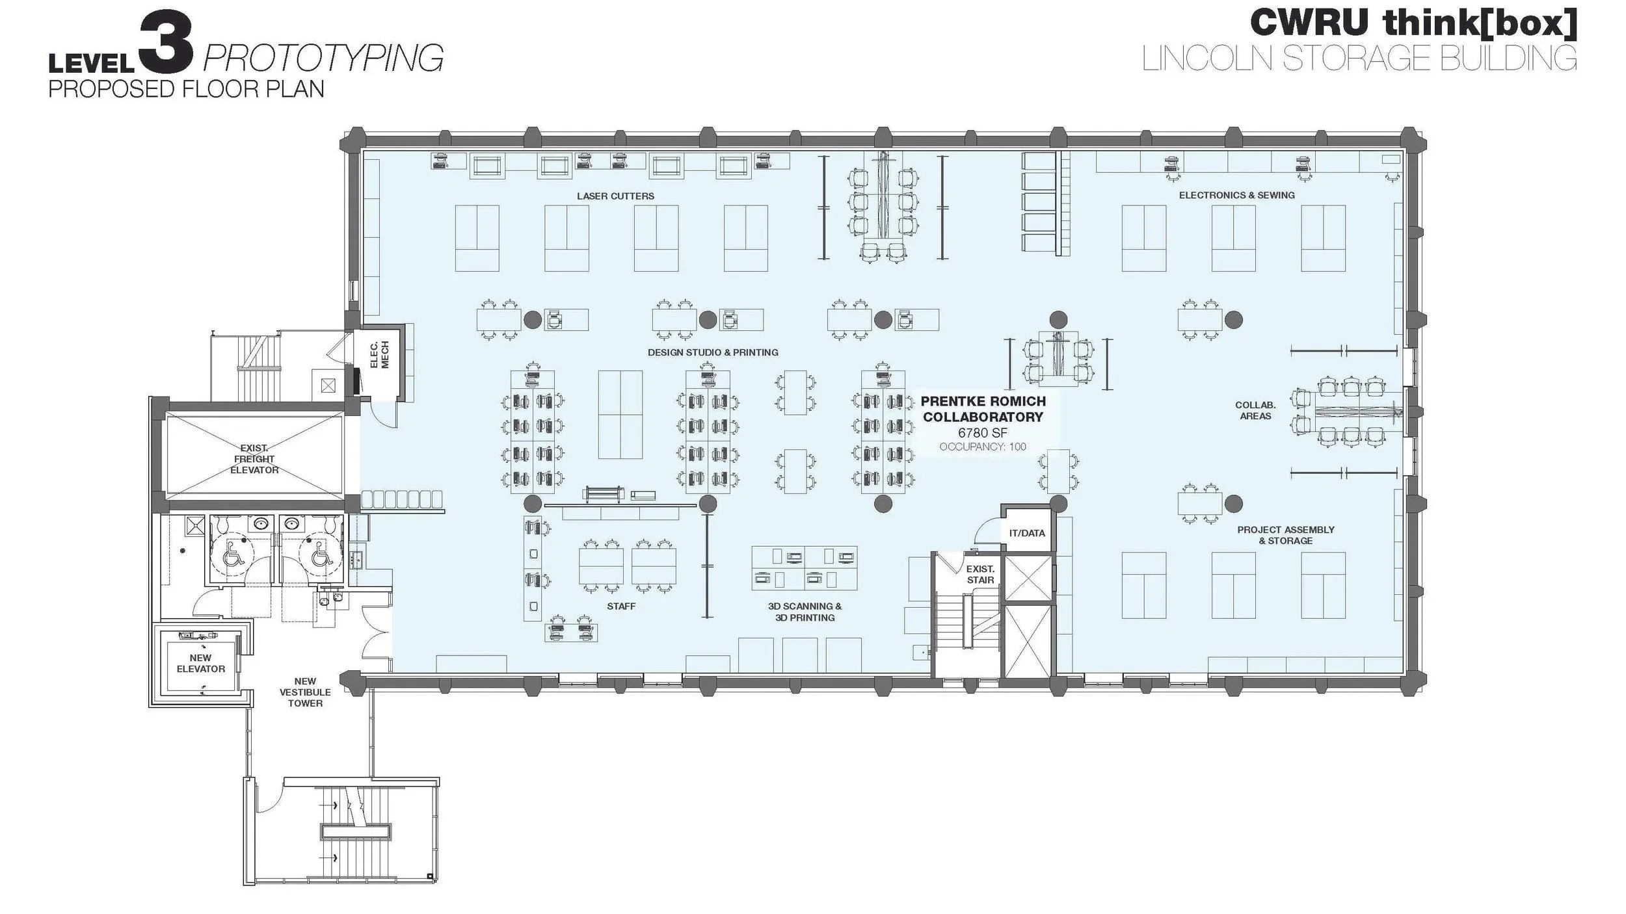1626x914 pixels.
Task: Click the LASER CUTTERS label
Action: point(615,196)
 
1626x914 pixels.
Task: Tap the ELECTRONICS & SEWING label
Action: point(1236,195)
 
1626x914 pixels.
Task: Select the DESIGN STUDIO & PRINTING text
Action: point(713,352)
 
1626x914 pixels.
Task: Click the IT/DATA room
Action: point(1027,533)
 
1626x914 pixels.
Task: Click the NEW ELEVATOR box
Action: point(201,663)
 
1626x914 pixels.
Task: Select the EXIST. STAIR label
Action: point(980,575)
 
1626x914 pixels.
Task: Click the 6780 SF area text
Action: point(982,432)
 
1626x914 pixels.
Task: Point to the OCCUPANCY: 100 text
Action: point(982,447)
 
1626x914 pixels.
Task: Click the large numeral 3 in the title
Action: point(166,44)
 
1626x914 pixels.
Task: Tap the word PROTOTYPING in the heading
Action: point(323,59)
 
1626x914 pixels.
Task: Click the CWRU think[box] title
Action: point(1413,22)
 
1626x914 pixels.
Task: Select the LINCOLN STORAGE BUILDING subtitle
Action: point(1359,59)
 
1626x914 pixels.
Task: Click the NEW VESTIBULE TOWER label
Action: point(305,692)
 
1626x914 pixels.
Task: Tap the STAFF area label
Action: point(621,606)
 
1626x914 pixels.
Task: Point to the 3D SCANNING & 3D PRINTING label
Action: point(805,612)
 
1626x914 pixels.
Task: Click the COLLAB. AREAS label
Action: point(1255,410)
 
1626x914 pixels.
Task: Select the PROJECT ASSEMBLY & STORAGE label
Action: point(1285,535)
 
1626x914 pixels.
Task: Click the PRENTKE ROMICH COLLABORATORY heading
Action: point(983,409)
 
